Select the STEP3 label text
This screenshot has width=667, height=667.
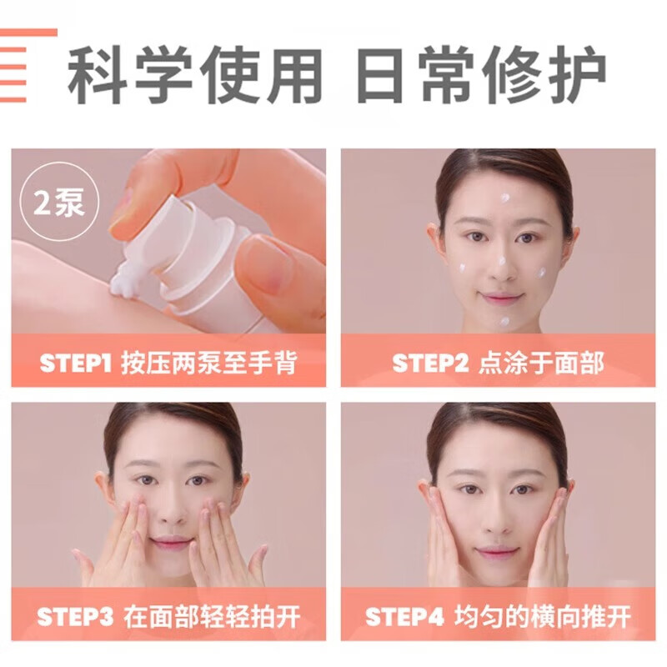pos(75,618)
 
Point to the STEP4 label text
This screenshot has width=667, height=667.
pos(404,618)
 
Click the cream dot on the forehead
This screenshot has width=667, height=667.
pos(504,198)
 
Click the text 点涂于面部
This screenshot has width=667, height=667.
pos(541,364)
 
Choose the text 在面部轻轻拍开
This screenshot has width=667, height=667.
pos(212,618)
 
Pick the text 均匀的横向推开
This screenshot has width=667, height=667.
pos(543,618)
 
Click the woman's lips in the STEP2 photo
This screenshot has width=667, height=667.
pos(502,298)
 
